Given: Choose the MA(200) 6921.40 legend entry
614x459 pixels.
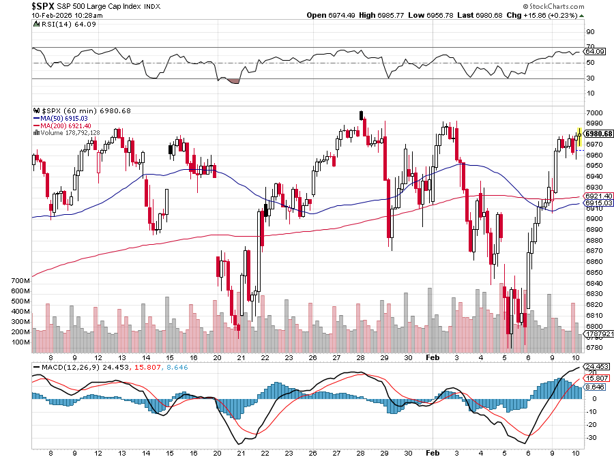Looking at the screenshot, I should pos(63,126).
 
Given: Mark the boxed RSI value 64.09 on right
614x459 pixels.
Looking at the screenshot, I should pos(596,51).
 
